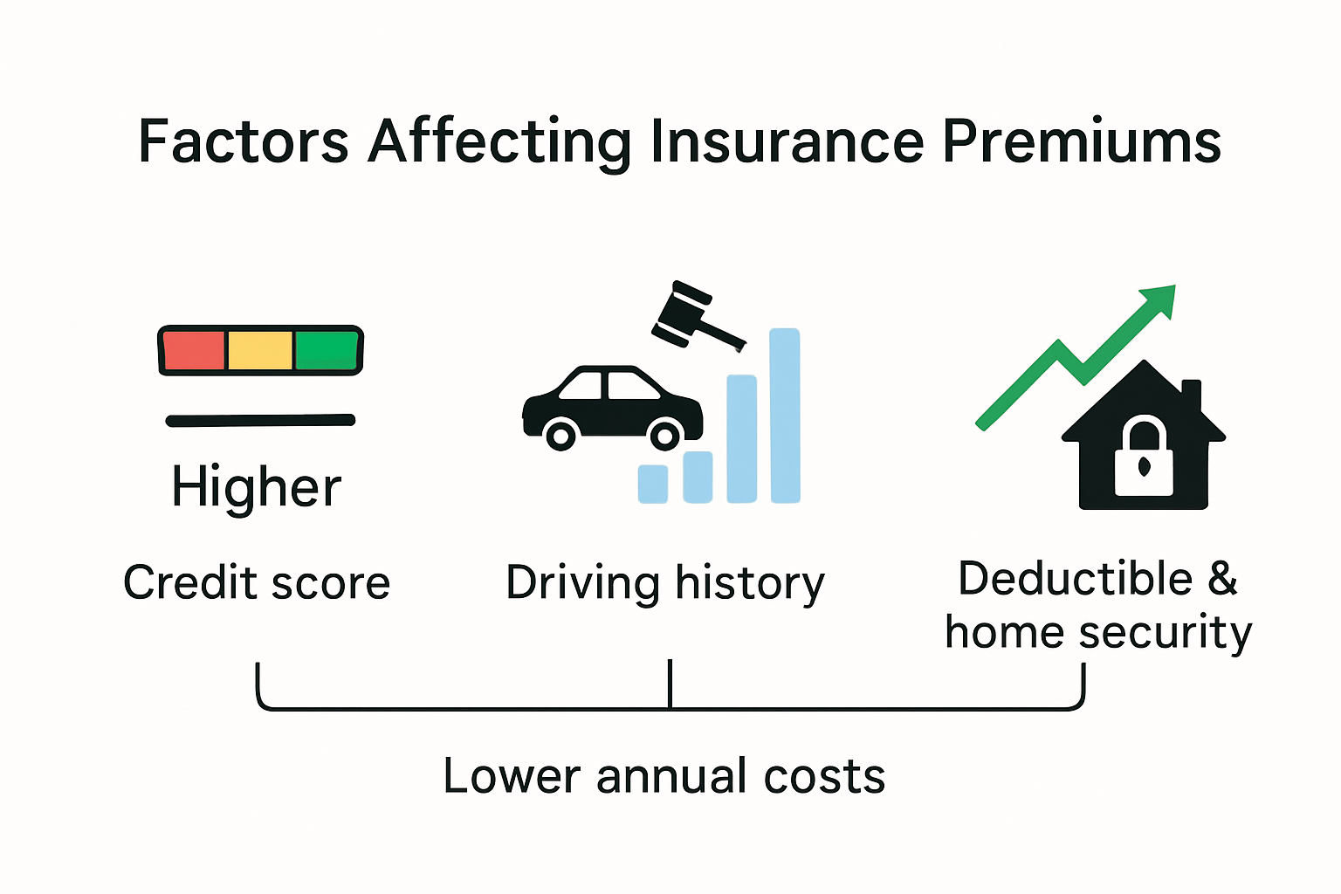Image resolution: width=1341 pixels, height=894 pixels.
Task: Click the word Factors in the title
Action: point(243,141)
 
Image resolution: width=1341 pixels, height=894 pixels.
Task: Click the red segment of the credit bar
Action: point(194,351)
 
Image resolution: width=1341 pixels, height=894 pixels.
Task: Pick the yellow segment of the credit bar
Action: point(260,351)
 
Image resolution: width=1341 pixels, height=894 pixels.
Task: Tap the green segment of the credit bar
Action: point(327,351)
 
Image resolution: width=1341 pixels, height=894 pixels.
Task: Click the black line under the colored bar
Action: point(260,421)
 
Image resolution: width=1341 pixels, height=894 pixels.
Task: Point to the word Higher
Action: point(256,487)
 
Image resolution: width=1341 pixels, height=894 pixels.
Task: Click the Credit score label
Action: point(256,582)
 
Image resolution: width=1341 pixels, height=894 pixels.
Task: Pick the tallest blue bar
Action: point(785,416)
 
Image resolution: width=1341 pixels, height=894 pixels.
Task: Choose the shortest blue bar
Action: point(653,484)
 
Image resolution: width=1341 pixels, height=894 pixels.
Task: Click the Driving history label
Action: point(665,583)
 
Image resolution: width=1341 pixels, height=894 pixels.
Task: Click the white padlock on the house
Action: point(1144,457)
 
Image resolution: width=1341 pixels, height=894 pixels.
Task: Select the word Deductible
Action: point(1075,579)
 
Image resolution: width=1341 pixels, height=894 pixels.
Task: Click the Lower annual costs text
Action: point(664,776)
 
